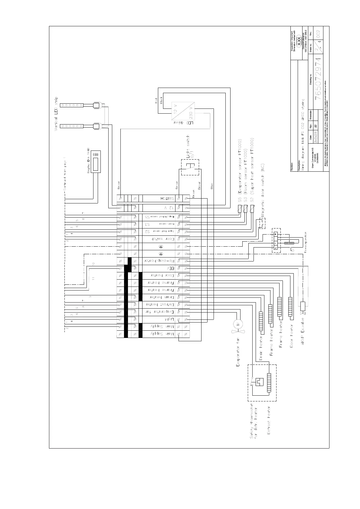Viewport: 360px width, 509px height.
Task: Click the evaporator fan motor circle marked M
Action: click(237, 324)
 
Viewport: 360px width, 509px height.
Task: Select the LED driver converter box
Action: click(183, 112)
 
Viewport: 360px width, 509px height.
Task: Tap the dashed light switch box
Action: click(190, 167)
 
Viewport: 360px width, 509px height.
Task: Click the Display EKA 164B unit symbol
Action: click(96, 161)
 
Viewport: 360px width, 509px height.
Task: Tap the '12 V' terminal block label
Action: click(170, 208)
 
